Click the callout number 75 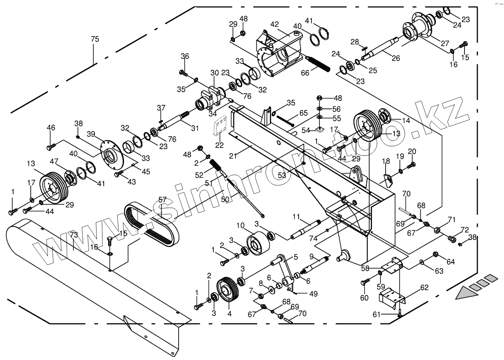pyautogui.click(x=95, y=39)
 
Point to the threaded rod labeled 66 pyautogui.click(x=319, y=64)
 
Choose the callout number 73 pyautogui.click(x=74, y=235)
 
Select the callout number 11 pyautogui.click(x=307, y=216)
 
